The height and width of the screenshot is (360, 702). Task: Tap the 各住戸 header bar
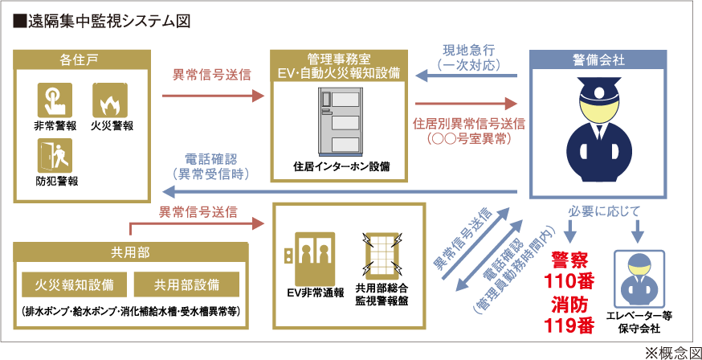click(x=83, y=59)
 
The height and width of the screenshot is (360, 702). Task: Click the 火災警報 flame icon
click(x=110, y=101)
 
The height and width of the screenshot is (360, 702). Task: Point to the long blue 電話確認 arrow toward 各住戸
click(x=345, y=191)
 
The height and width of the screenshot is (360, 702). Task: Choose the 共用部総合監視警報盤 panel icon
click(x=382, y=256)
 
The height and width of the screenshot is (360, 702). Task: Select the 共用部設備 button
click(x=186, y=284)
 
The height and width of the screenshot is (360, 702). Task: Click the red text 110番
click(x=573, y=281)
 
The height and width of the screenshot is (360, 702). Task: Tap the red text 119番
click(x=573, y=325)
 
